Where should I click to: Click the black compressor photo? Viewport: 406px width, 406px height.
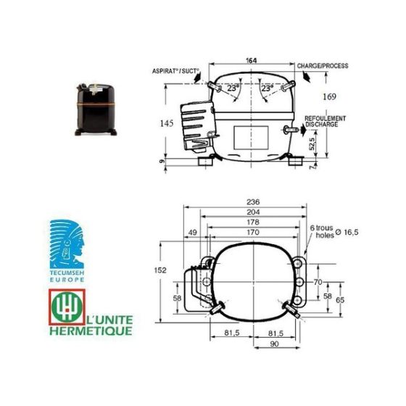click(x=96, y=109)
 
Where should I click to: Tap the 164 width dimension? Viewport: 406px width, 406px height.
click(x=251, y=61)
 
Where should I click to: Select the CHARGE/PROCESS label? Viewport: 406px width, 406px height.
click(x=323, y=66)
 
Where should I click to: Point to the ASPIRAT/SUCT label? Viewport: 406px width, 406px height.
click(x=175, y=71)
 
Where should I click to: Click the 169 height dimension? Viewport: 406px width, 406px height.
click(x=329, y=97)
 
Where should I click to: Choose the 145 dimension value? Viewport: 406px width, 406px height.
click(x=167, y=123)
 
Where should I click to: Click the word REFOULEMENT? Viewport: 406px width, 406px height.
click(x=326, y=118)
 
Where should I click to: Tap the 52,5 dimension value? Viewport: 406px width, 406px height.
click(x=312, y=144)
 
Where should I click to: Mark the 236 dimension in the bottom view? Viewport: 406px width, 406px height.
click(x=253, y=202)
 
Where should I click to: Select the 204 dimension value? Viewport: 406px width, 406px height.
click(x=253, y=212)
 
